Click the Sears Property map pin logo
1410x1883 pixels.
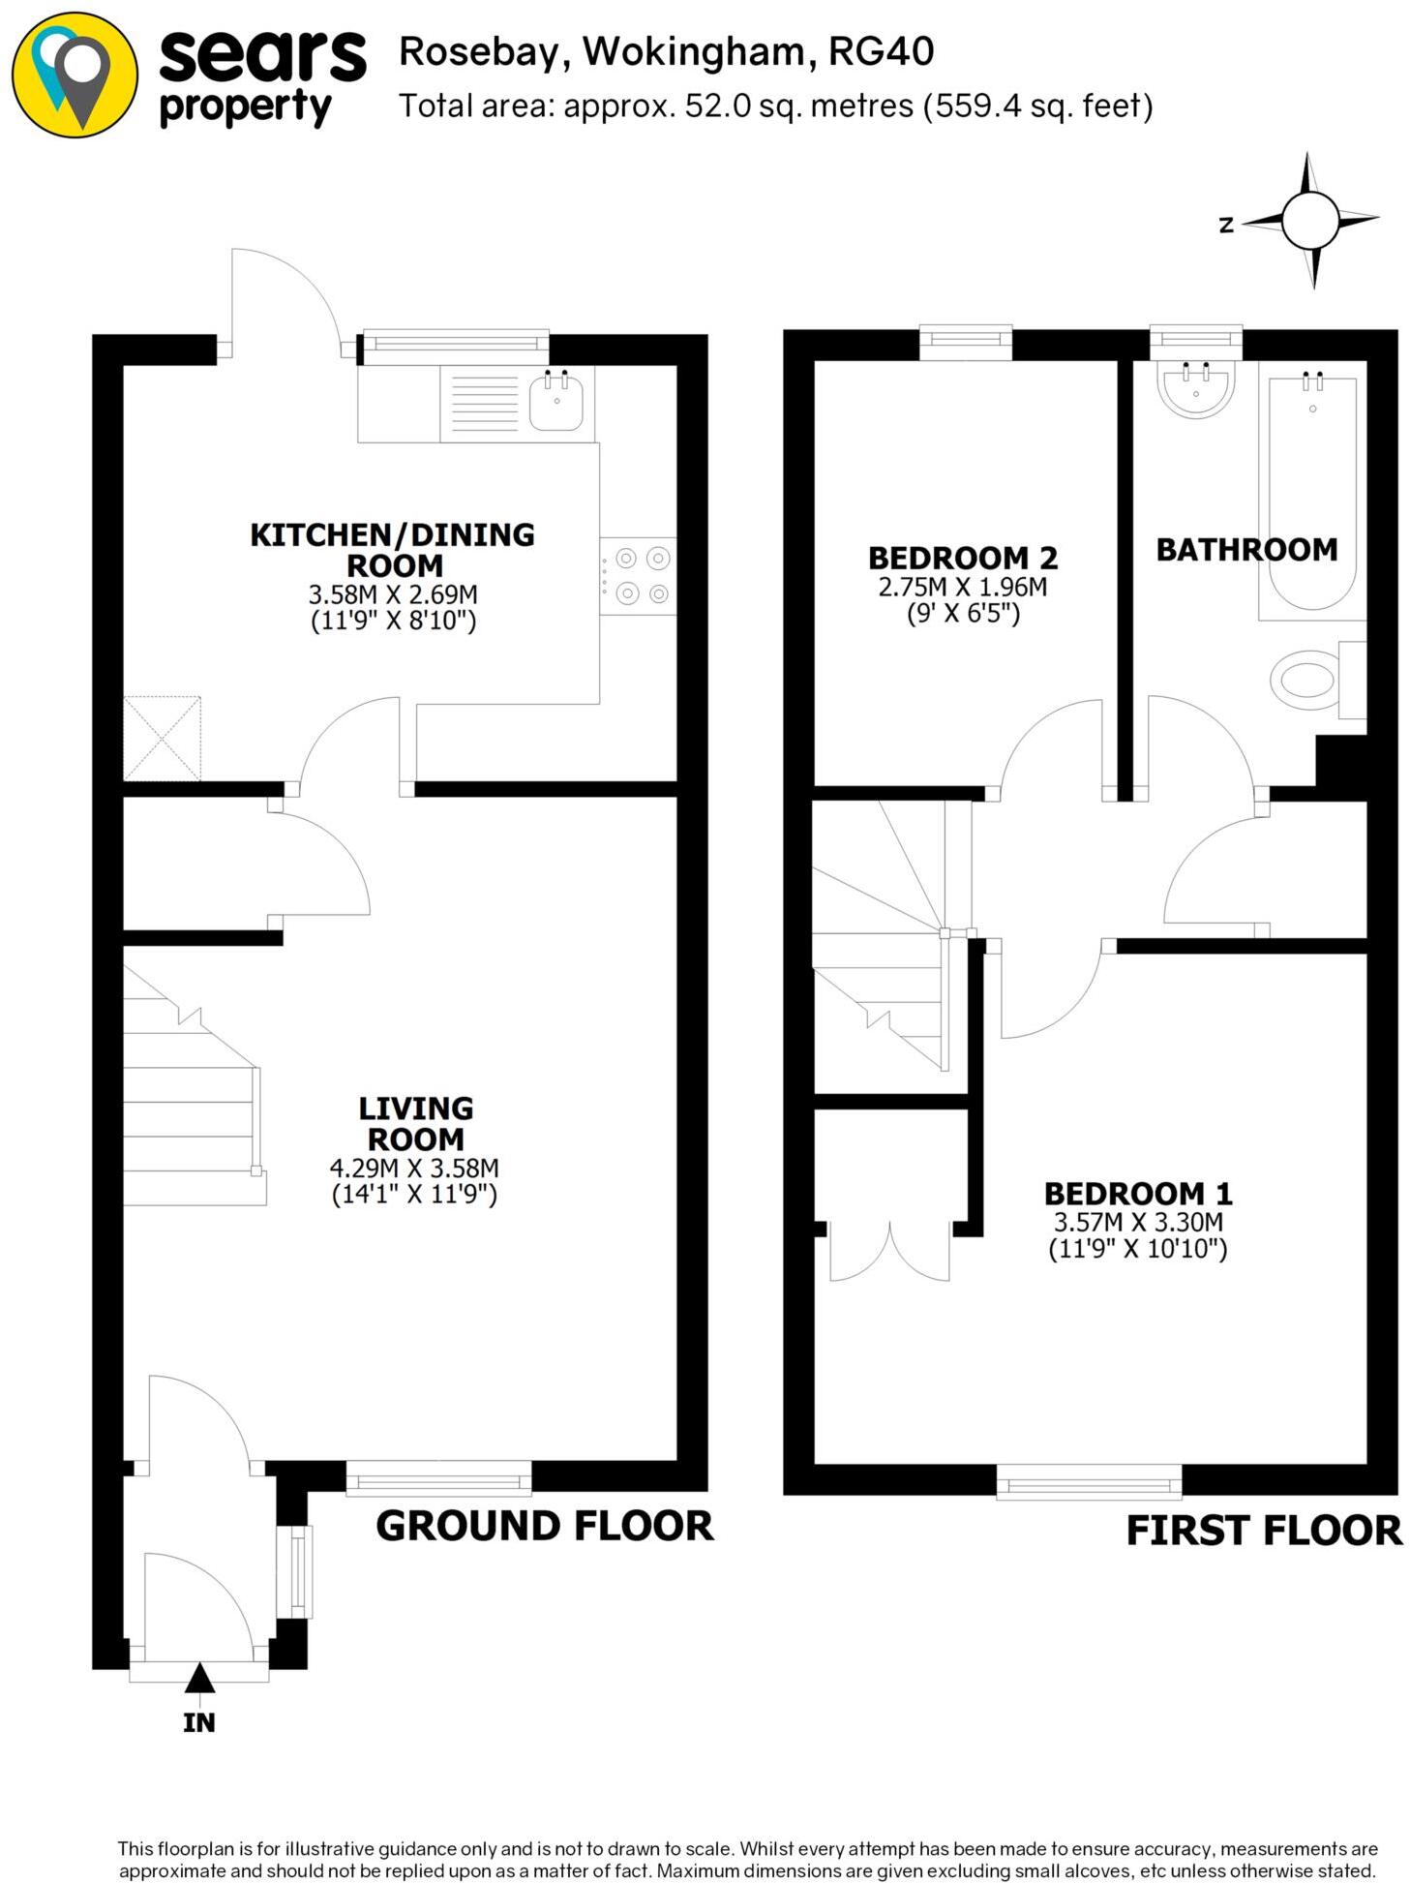pyautogui.click(x=75, y=76)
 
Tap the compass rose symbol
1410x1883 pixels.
pyautogui.click(x=1310, y=221)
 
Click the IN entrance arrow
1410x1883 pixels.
pyautogui.click(x=199, y=1677)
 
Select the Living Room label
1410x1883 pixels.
pyautogui.click(x=415, y=1123)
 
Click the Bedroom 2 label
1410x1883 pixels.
pyautogui.click(x=962, y=558)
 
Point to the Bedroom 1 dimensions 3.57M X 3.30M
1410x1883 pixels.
pyautogui.click(x=1138, y=1222)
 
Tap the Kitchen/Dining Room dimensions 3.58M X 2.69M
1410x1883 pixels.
pyautogui.click(x=393, y=593)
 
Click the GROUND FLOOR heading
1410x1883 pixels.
pyautogui.click(x=544, y=1526)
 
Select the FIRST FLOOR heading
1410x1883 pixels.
pyautogui.click(x=1263, y=1531)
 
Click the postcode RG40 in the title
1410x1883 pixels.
pyautogui.click(x=881, y=51)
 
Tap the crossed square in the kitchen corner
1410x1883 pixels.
pyautogui.click(x=163, y=738)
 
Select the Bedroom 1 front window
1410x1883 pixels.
pyautogui.click(x=1089, y=1480)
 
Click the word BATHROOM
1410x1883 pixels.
pyautogui.click(x=1246, y=550)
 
